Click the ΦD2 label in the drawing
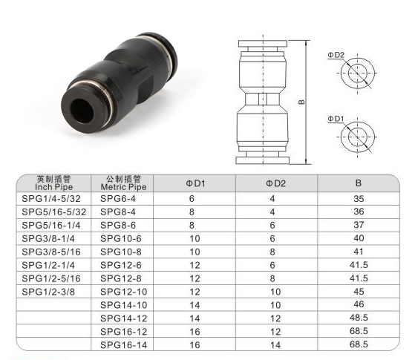[336, 55]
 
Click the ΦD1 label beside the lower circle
[336, 119]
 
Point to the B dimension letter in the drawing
[301, 102]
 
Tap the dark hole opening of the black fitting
[82, 111]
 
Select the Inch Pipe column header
[53, 183]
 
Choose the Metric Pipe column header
[123, 183]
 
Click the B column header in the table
[359, 183]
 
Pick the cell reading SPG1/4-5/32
[50, 198]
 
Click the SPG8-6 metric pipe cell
[118, 225]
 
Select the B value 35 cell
[359, 198]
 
